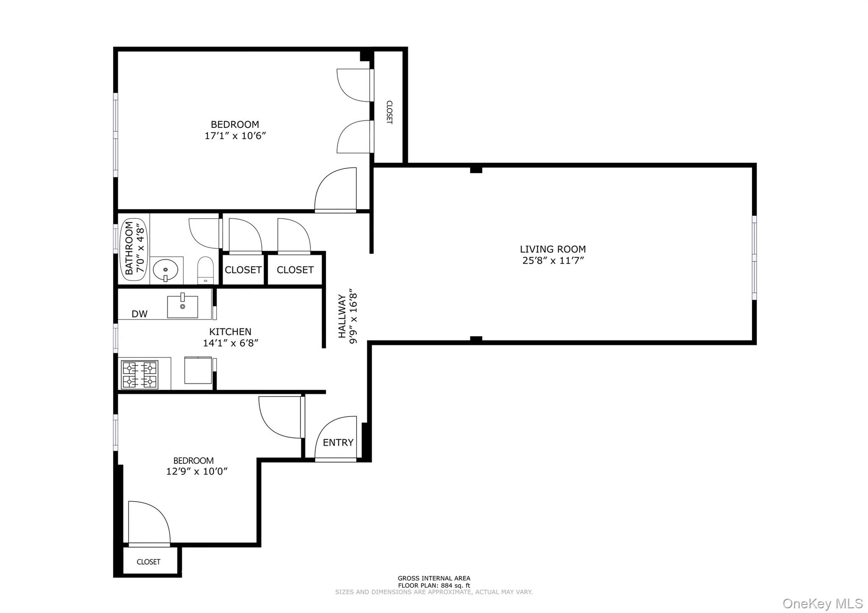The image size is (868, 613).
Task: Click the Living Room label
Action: click(553, 249)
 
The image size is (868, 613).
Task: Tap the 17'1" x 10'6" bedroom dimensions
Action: click(235, 136)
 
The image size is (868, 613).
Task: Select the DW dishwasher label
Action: click(139, 314)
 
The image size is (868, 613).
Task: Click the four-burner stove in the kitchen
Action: click(139, 374)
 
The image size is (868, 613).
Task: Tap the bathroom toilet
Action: click(206, 270)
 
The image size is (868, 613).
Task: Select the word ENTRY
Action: click(338, 443)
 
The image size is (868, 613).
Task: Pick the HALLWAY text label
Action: click(342, 316)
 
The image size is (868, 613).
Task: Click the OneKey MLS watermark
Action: click(823, 603)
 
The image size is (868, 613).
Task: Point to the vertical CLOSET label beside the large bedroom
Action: click(389, 112)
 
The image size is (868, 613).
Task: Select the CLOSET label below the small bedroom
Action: click(148, 562)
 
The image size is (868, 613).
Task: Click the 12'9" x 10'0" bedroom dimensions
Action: click(197, 472)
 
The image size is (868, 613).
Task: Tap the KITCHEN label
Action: click(230, 332)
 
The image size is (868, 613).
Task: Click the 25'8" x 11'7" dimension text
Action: click(553, 261)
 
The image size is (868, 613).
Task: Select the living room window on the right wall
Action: click(754, 258)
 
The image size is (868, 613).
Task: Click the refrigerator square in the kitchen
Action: click(198, 370)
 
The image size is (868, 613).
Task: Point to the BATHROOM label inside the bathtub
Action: click(129, 248)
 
